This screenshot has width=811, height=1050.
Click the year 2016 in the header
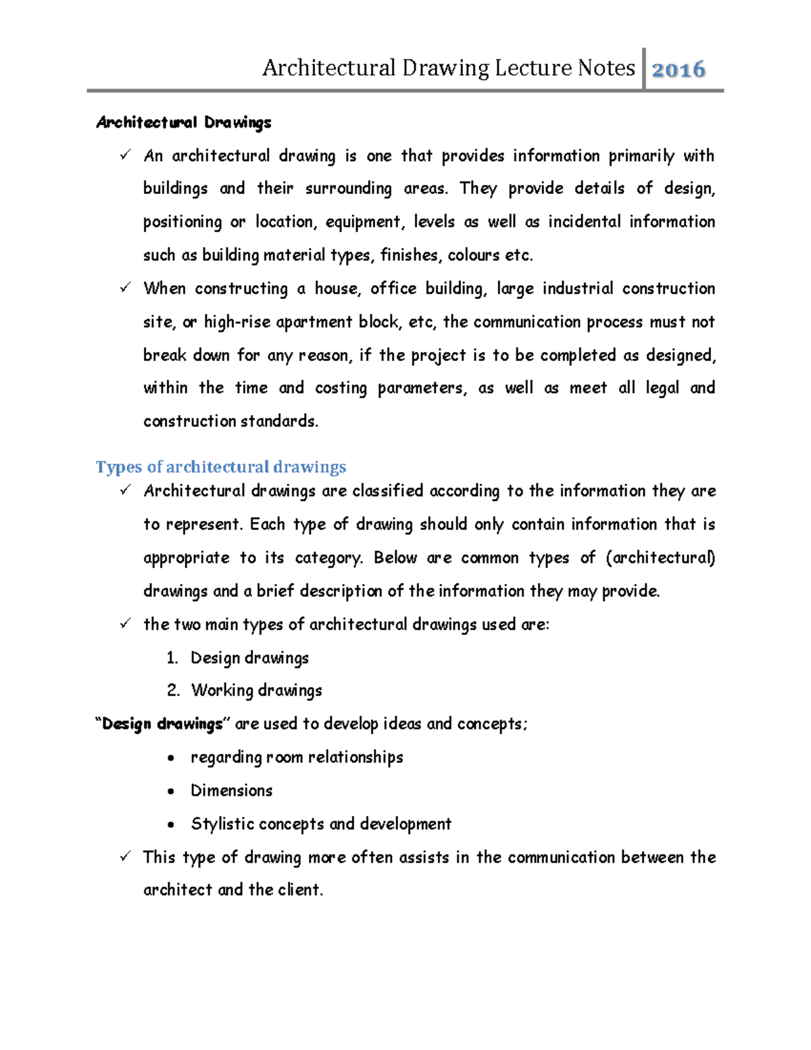[678, 69]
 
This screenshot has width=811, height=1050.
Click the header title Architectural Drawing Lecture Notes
[448, 68]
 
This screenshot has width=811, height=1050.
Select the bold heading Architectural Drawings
[183, 122]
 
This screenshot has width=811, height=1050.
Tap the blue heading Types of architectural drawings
[220, 467]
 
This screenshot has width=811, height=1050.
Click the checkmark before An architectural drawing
[125, 156]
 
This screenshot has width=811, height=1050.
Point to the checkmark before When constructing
[125, 288]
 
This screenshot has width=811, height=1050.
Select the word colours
[474, 256]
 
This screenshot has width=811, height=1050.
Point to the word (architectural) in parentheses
[660, 558]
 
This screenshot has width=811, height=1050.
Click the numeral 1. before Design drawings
[172, 658]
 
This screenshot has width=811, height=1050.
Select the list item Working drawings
[256, 690]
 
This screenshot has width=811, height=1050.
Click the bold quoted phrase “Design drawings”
[162, 724]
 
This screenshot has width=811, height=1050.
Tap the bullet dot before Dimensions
[172, 791]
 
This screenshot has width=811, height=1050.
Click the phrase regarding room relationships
[297, 757]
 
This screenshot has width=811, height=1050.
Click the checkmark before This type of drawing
[125, 857]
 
